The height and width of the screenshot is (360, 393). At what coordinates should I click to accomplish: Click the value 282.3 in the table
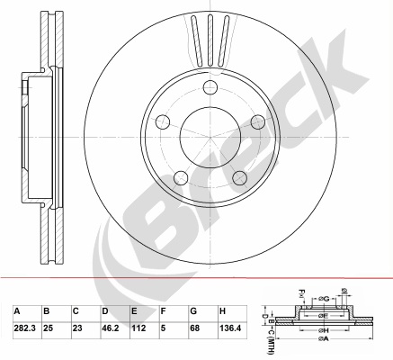coord(25,328)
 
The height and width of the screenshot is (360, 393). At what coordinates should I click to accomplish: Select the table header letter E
coord(134,311)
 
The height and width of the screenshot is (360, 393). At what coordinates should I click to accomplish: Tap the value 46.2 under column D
coord(111,328)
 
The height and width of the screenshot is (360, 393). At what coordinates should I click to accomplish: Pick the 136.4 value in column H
coord(230,328)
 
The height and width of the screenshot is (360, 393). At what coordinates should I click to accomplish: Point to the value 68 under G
coord(194,328)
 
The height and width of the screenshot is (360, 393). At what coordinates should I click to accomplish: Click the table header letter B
coord(47,311)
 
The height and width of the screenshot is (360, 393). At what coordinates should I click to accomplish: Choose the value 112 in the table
coord(138,328)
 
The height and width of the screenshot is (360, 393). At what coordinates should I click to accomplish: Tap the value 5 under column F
coord(163,328)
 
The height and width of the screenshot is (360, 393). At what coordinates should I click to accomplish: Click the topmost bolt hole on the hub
coord(210,87)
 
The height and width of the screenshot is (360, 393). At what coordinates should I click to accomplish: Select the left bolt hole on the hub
coord(163,121)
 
